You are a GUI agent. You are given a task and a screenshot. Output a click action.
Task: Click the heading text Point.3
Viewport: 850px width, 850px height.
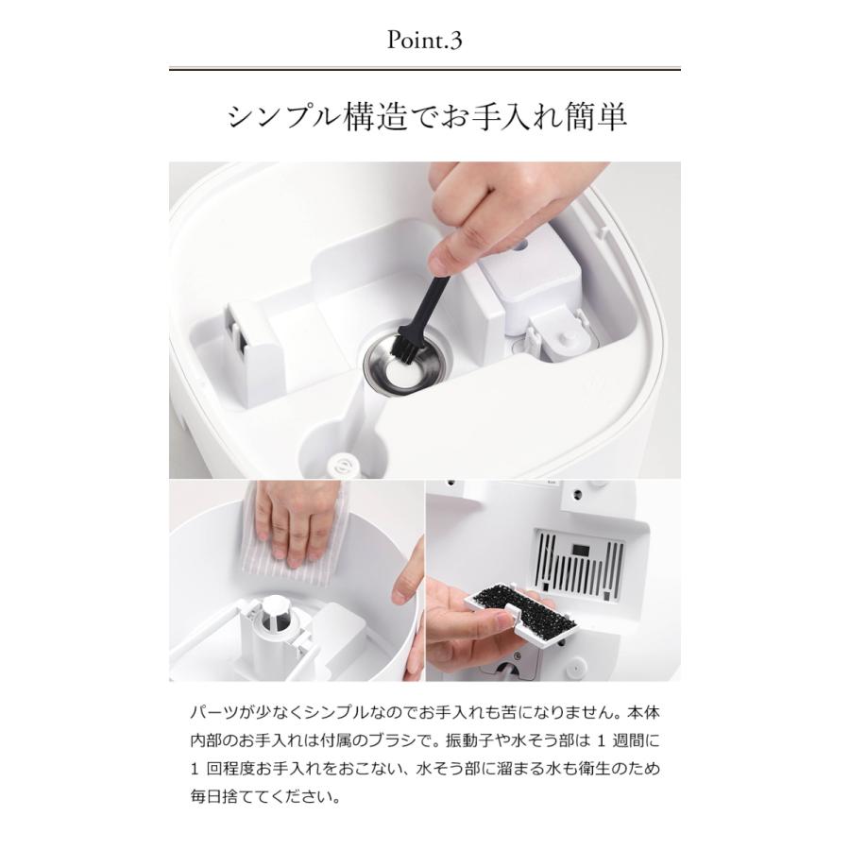[424, 42]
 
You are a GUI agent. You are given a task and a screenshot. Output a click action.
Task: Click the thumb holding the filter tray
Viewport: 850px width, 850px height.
[457, 595]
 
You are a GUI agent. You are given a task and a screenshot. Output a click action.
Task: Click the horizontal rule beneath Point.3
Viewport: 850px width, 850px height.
[424, 69]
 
